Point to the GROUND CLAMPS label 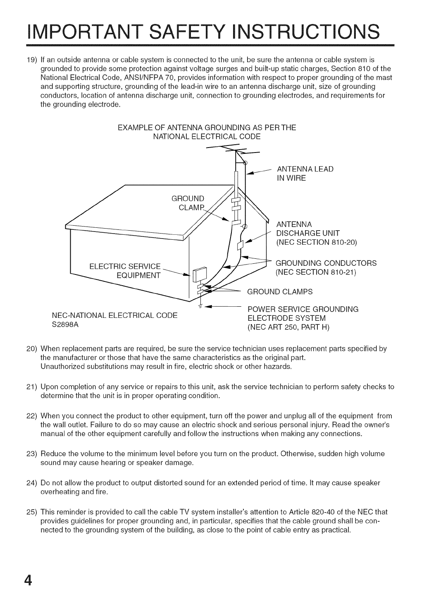pos(280,291)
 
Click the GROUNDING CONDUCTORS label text pos(326,263)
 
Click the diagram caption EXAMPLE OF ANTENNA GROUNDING pos(207,128)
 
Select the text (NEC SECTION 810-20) pos(316,242)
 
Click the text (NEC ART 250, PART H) pos(288,328)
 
